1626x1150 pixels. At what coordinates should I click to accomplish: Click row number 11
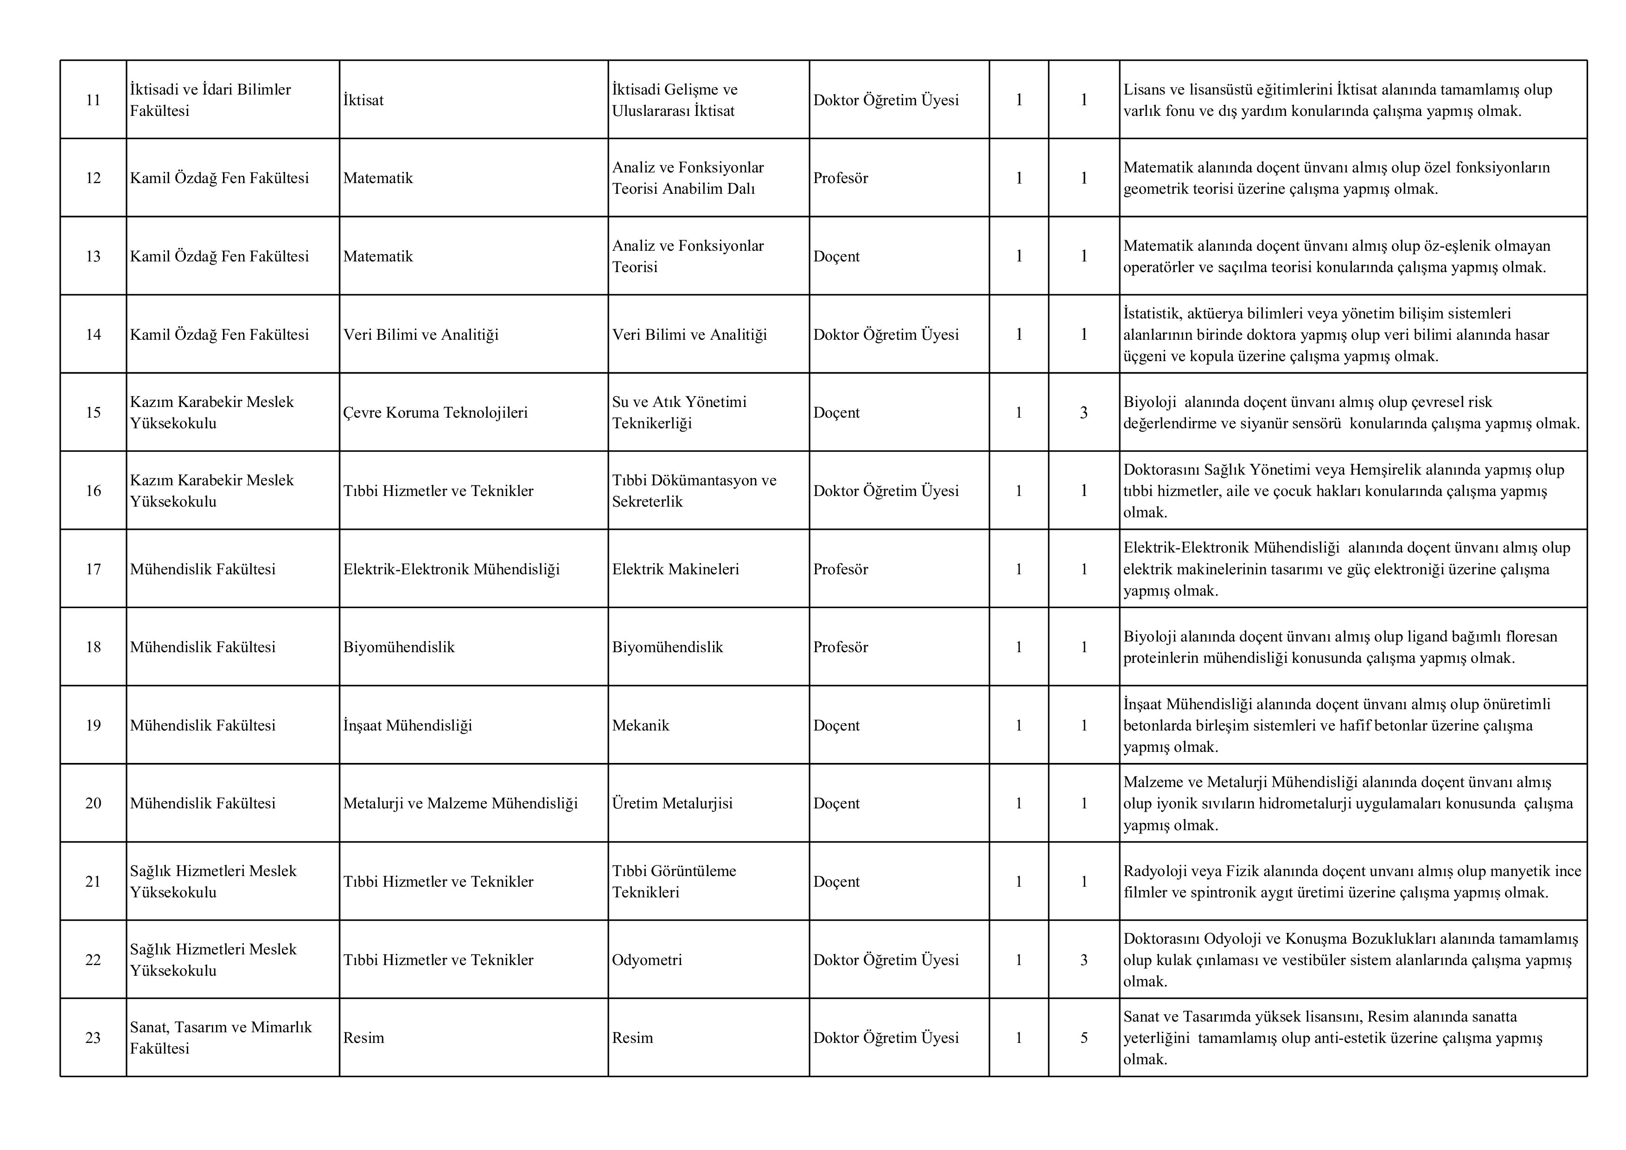[93, 100]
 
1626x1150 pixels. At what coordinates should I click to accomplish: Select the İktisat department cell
[363, 100]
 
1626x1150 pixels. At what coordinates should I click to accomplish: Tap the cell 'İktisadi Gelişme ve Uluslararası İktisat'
[674, 100]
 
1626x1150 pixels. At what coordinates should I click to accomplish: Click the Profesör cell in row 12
[841, 178]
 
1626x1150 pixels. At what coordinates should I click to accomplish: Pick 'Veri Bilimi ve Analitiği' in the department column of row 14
[421, 334]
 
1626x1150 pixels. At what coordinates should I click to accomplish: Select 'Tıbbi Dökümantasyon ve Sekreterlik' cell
[694, 491]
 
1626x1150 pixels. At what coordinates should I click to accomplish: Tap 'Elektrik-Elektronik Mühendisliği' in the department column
[451, 569]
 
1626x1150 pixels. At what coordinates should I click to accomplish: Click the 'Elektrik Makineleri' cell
[676, 569]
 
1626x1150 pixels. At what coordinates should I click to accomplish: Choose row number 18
[93, 647]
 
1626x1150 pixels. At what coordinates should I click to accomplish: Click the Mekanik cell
[640, 725]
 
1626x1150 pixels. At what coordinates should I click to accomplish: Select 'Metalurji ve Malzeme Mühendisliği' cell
[460, 803]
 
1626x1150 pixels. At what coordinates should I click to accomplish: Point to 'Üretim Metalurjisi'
[672, 803]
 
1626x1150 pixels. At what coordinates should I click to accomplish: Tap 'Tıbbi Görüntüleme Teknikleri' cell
[674, 882]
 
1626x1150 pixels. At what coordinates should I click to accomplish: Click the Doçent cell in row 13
[836, 256]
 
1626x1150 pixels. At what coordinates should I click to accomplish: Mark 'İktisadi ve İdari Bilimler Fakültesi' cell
[210, 100]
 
